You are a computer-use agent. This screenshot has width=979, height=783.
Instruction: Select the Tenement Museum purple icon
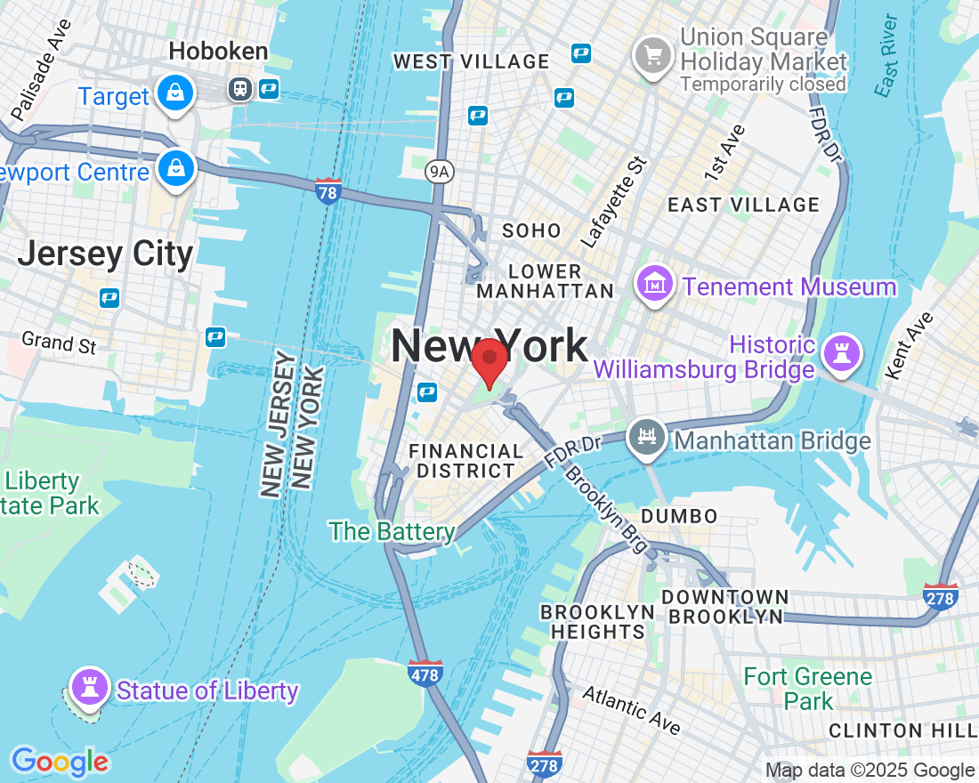point(656,285)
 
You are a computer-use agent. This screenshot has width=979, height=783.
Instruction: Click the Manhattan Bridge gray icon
point(647,437)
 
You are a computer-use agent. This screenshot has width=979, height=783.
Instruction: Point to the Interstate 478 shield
point(425,674)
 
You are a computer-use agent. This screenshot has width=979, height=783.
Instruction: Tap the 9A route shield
point(438,172)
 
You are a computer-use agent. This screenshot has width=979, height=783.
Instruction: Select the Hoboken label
point(218,52)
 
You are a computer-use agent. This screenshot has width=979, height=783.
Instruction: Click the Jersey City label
point(105,254)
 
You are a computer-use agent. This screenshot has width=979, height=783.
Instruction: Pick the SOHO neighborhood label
point(532,230)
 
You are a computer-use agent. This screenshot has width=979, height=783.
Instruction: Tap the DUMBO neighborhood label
point(679,516)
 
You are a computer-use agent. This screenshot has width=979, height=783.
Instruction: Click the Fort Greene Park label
point(807,688)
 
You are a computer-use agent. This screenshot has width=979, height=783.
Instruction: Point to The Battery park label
point(392,532)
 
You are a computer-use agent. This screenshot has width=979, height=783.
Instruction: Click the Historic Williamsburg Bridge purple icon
point(841,352)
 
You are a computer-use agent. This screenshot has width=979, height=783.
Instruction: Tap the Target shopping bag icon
point(175,93)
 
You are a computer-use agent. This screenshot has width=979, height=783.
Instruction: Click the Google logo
point(60,762)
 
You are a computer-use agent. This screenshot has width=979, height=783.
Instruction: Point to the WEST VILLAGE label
point(472,61)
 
